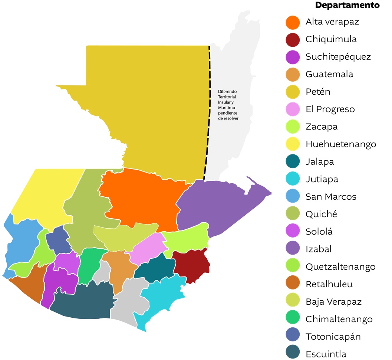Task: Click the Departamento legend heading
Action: [x=347, y=5]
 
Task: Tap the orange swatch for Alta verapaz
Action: [x=293, y=22]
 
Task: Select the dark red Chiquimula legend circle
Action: [x=293, y=39]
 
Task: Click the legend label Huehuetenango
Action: [x=341, y=144]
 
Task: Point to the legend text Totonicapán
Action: [x=333, y=337]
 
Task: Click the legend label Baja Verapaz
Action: [x=333, y=301]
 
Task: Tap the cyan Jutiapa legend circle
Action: [x=293, y=179]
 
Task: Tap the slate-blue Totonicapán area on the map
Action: [x=58, y=239]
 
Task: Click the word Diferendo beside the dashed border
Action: [x=227, y=91]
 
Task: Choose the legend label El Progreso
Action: [x=330, y=109]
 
